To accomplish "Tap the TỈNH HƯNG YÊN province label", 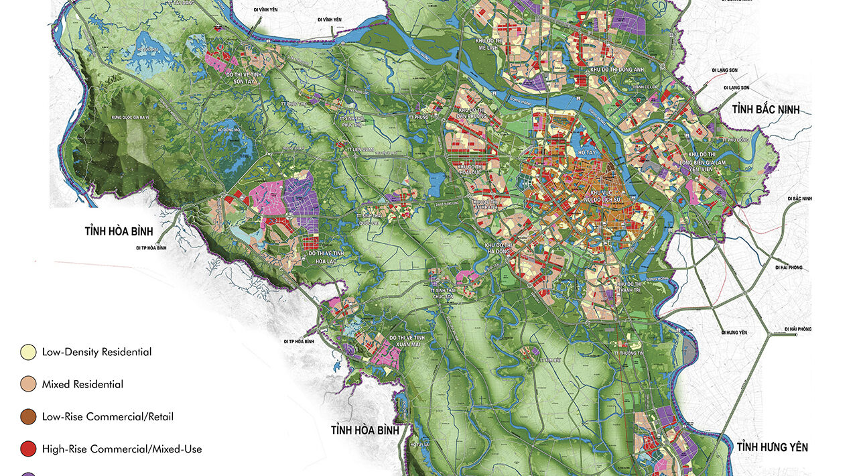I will pos(772,447).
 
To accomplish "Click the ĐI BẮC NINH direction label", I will pos(800,199).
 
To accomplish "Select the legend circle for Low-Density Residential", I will pos(28,352).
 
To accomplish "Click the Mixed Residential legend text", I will pos(82,385).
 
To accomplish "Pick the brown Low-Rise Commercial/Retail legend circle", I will pos(28,417).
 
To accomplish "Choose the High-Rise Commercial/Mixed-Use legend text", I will pos(121,449).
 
